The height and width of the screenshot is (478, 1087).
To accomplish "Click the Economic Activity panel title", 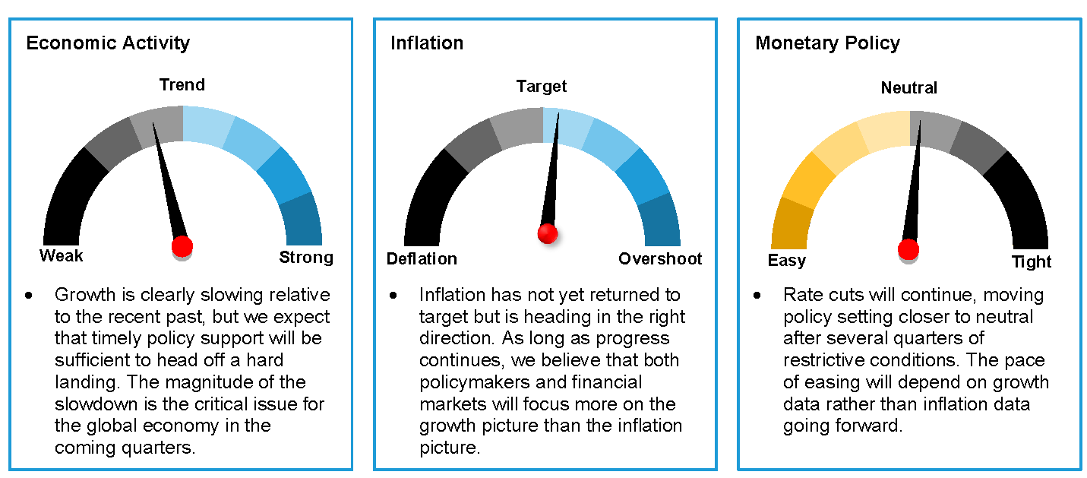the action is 108,43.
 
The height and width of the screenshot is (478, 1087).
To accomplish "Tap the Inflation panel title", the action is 427,43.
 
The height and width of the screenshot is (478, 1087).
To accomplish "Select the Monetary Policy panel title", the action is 827,43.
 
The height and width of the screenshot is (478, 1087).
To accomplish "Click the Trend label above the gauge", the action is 182,85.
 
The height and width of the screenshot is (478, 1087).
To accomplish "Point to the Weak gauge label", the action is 61,256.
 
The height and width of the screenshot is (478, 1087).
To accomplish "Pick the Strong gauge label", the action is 306,257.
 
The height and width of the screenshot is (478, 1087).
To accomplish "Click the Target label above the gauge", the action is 542,87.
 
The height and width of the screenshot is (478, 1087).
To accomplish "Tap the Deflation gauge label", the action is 422,258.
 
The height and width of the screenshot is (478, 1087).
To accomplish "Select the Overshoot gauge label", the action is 660,258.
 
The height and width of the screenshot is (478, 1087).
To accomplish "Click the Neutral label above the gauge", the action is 909,88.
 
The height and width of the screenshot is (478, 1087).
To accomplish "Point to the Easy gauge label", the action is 787,261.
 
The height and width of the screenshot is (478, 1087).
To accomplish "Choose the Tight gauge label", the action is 1032,262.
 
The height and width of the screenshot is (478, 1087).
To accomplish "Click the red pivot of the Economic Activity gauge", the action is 182,246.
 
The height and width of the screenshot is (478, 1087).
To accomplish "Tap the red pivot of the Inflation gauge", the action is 548,233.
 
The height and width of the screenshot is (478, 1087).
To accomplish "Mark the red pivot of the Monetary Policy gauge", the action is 908,249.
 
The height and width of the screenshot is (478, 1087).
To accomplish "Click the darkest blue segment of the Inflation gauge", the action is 661,221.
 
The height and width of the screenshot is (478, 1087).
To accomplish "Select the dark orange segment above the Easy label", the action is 791,223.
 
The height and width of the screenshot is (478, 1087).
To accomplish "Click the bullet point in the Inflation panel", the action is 393,295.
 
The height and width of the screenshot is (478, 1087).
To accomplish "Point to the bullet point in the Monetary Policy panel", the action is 757,295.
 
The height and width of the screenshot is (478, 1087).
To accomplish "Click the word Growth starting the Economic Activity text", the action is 85,295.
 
